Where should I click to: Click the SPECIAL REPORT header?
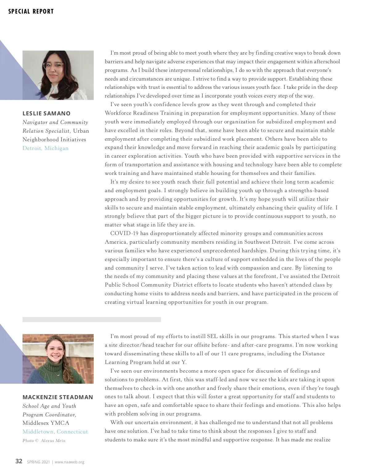coord(31,11)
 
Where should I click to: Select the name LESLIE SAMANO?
coord(47,113)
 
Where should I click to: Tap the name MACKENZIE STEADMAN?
coord(58,397)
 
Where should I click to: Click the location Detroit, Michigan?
coord(45,148)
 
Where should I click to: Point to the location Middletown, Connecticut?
coord(55,432)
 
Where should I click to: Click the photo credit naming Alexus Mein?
coord(44,440)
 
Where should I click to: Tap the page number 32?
coord(19,461)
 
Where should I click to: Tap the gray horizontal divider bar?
coord(92,320)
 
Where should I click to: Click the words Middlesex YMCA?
coord(46,423)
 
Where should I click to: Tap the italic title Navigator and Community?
coord(55,122)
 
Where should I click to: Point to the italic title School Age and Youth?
coord(49,406)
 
